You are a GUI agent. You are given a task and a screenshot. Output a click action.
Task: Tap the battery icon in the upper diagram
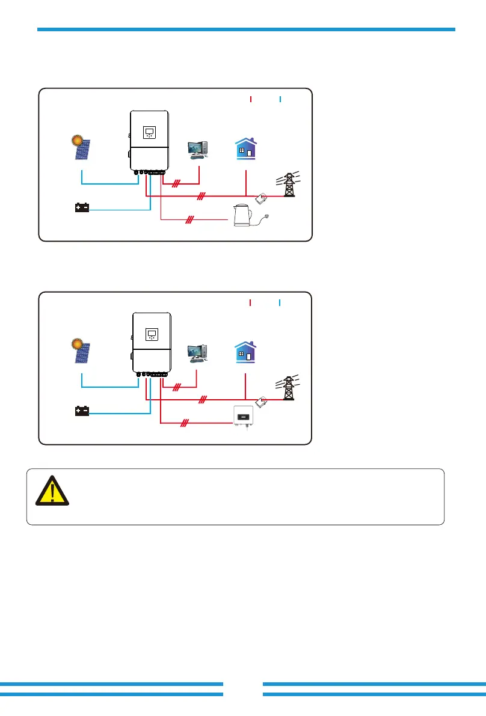(x=82, y=208)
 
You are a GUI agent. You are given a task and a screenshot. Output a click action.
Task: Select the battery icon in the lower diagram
(x=82, y=412)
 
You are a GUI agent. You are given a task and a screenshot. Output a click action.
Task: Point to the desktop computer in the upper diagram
(x=198, y=149)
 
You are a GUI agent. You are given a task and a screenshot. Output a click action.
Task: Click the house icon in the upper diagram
(x=245, y=147)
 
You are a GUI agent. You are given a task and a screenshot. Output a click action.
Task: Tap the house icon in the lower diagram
(x=245, y=350)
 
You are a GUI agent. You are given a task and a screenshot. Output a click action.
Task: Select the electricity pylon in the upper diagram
(x=290, y=184)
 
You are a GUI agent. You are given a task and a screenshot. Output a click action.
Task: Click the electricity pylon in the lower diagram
(x=290, y=388)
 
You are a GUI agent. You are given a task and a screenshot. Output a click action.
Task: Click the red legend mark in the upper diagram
(x=250, y=99)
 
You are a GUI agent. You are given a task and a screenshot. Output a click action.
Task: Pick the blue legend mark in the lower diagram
(x=280, y=302)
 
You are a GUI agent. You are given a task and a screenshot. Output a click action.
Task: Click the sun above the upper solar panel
(x=76, y=141)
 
